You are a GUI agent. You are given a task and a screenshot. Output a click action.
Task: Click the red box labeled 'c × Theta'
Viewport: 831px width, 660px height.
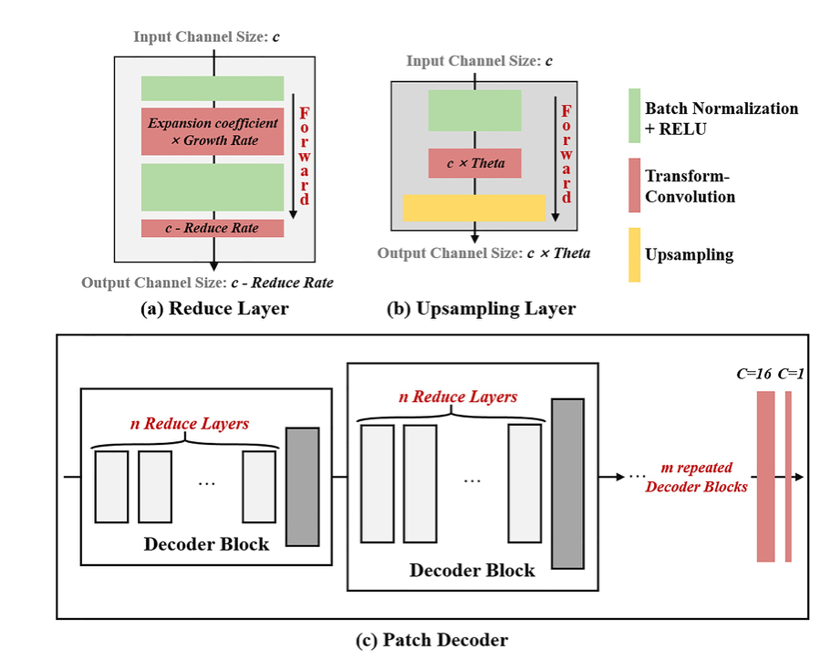click(x=474, y=163)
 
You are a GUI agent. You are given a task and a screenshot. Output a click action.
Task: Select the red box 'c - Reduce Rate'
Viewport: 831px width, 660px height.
click(x=213, y=228)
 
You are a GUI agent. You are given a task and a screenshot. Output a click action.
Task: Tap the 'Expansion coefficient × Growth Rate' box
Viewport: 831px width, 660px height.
click(x=213, y=132)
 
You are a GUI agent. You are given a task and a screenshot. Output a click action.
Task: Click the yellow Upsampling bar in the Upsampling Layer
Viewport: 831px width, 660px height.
click(x=473, y=208)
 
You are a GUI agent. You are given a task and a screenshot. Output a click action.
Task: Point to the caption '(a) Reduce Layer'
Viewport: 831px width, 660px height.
click(x=214, y=309)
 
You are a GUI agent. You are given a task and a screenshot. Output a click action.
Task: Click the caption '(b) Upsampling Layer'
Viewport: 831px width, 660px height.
click(x=483, y=309)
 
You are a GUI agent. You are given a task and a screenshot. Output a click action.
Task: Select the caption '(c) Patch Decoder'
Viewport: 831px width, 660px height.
click(x=431, y=640)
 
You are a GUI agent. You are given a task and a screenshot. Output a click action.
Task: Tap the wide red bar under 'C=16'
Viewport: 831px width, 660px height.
click(x=765, y=476)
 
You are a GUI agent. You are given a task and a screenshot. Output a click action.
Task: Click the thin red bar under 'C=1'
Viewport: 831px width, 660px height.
click(x=788, y=476)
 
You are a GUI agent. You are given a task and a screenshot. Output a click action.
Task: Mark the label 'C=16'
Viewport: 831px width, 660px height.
click(x=753, y=374)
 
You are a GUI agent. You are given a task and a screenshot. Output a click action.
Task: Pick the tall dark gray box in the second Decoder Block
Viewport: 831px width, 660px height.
click(x=566, y=483)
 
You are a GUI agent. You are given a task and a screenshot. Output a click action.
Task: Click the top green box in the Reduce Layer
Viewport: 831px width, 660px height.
click(x=213, y=88)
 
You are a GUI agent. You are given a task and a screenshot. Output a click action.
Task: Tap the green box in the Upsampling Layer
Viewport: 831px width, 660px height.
click(x=474, y=111)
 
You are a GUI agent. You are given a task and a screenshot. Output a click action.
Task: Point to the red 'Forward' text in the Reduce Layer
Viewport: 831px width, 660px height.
click(x=305, y=156)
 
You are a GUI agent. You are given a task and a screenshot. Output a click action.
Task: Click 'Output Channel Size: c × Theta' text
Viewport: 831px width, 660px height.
click(x=483, y=253)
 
